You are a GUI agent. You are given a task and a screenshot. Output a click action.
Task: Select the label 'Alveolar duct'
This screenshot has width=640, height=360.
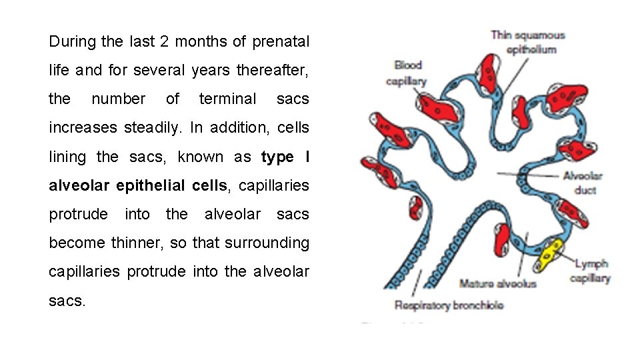(583, 183)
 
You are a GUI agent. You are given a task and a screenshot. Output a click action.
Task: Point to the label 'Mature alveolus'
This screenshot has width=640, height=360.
(497, 284)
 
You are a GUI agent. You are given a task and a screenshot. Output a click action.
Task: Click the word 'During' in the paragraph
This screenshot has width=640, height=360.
(72, 41)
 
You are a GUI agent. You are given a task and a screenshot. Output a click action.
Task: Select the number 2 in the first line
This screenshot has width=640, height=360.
(164, 41)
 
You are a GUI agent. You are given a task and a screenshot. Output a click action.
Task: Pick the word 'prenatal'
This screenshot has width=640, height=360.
(281, 41)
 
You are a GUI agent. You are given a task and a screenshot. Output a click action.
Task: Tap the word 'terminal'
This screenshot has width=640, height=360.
(227, 99)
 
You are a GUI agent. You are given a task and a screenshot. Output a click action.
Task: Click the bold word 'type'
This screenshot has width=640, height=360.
(277, 157)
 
